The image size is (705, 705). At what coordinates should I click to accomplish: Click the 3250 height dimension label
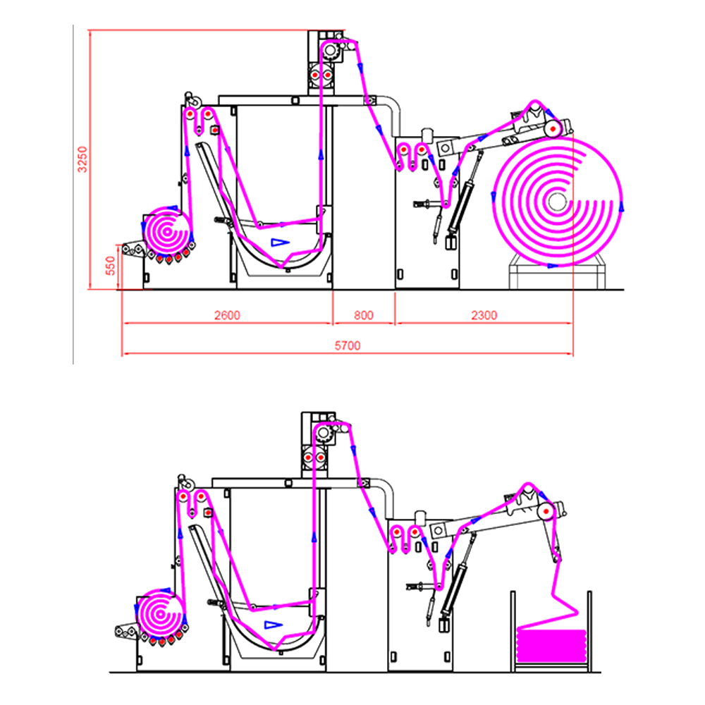coord(82,160)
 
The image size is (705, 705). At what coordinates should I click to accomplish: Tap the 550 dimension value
coord(109,266)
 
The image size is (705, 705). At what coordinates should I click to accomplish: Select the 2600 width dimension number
coord(227,315)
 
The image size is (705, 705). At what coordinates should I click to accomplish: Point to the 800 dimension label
coord(363,315)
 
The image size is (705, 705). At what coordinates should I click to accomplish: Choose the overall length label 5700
coord(347,345)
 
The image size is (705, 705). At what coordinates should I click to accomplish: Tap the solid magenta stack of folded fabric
coord(551,642)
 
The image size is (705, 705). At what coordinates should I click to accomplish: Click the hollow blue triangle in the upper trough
coord(280,242)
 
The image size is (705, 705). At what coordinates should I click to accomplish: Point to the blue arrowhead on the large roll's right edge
coord(622,208)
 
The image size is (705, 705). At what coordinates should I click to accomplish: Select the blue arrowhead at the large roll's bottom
coord(552,266)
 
